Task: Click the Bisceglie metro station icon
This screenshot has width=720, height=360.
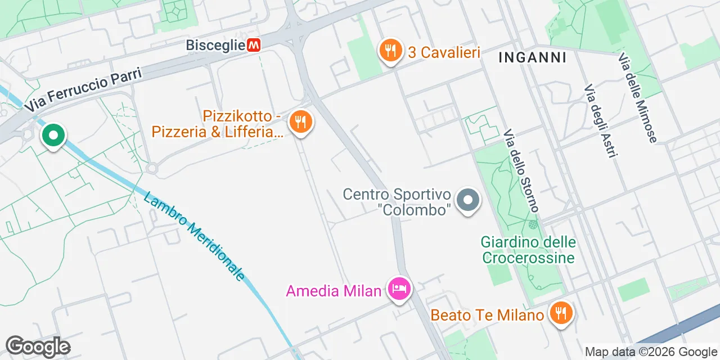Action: coord(254,45)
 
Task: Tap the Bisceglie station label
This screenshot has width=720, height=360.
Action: coord(216,45)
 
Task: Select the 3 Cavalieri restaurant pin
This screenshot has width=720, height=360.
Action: coord(390,51)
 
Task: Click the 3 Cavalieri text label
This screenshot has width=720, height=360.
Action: coord(444,52)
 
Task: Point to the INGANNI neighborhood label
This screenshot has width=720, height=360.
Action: coord(532,57)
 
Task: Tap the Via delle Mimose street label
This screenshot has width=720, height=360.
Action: coord(637,98)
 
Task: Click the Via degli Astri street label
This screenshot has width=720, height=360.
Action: coord(597,121)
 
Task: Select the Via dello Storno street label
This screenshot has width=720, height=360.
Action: coord(521,171)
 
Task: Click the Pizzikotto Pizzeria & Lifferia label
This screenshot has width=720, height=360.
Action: coord(217,124)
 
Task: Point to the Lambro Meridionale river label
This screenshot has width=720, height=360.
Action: coord(194,236)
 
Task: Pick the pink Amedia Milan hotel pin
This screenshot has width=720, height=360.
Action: coord(399,290)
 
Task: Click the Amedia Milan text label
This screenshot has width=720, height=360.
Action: coord(334,291)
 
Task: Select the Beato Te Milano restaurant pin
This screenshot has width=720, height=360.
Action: coord(560,313)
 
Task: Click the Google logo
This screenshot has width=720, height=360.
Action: coord(38,346)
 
